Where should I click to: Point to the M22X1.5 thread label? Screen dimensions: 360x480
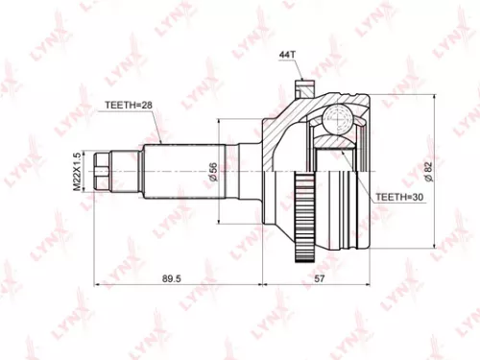click(x=75, y=170)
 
